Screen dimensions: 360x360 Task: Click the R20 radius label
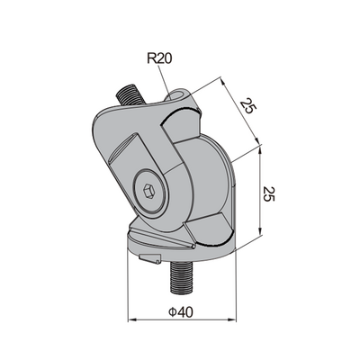coord(158,61)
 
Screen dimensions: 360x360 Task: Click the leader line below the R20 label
coord(168,80)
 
